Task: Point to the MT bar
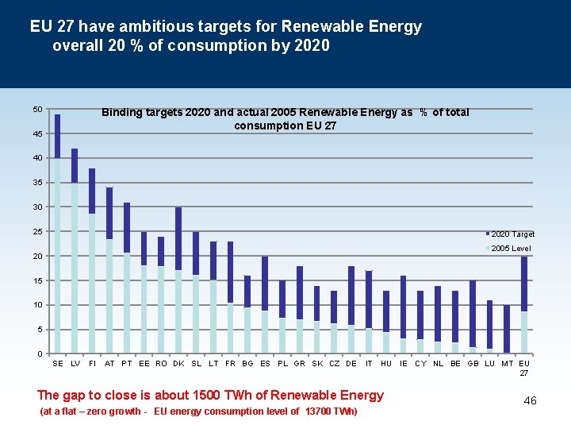(507, 329)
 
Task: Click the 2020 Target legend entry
(512, 234)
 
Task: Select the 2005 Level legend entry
(511, 249)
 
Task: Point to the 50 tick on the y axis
(37, 109)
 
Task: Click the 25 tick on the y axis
(37, 231)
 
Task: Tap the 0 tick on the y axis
(40, 354)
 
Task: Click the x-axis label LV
(75, 363)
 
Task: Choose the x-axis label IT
(369, 363)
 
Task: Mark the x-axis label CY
(420, 363)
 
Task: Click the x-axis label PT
(127, 363)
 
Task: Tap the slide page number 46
(530, 400)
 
